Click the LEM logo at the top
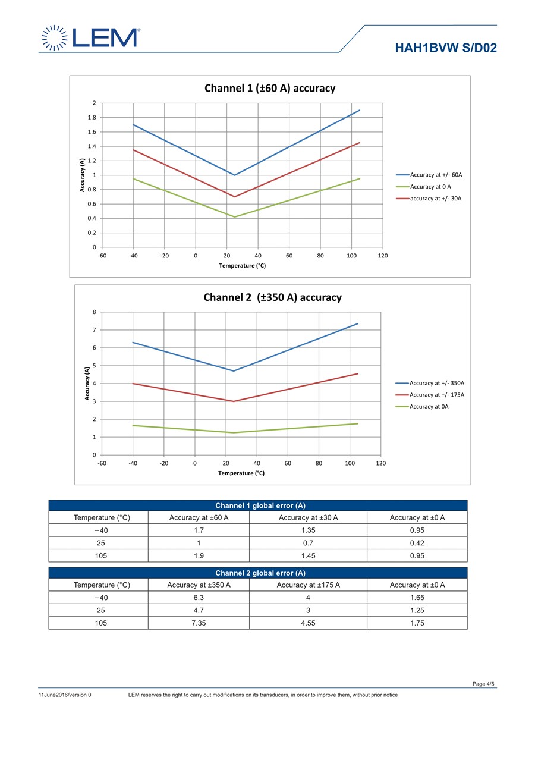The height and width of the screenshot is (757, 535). pos(90,37)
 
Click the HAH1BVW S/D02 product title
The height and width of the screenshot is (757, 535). pos(446,48)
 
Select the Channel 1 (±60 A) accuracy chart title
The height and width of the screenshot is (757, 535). pos(270,88)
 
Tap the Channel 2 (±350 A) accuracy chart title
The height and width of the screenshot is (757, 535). pos(273,297)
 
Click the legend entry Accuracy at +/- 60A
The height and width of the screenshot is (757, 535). pos(436,175)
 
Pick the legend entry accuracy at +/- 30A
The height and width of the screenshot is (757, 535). pos(436,199)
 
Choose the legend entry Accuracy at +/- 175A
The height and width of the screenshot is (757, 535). pos(437,395)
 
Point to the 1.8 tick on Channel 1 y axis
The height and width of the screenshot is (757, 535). pos(92,118)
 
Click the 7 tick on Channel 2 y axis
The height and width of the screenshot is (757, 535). pos(95,330)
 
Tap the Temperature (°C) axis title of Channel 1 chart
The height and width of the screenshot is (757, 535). pos(242,266)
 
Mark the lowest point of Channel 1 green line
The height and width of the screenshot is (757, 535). pos(235,217)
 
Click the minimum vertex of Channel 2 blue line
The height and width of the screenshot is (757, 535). pos(234,371)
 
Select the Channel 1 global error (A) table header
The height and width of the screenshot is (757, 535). pos(260,505)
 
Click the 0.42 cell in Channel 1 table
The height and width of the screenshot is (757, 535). pos(417,543)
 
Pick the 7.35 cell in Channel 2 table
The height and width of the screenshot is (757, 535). pos(199,623)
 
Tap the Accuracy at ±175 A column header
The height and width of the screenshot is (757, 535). pos(309,585)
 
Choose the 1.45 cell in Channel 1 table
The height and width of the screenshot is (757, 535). pos(309,556)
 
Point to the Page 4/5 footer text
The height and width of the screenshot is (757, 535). pos(483,684)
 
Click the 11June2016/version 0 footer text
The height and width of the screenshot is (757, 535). pos(65,695)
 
